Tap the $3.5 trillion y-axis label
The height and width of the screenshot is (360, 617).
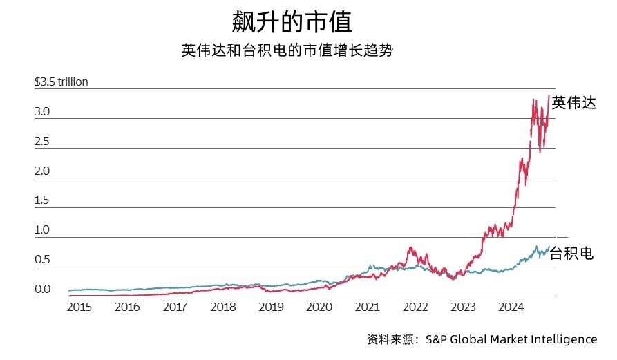pos(61,82)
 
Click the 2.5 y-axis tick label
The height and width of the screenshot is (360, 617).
pos(42,142)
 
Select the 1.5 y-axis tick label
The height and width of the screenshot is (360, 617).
pos(42,201)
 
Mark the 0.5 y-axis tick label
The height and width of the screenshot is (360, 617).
pos(42,260)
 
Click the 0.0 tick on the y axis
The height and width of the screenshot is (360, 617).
pos(42,290)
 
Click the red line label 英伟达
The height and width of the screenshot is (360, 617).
pos(573,104)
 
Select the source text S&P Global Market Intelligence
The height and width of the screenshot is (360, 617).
pos(511,339)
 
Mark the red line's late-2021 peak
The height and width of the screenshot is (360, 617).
pos(411,247)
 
